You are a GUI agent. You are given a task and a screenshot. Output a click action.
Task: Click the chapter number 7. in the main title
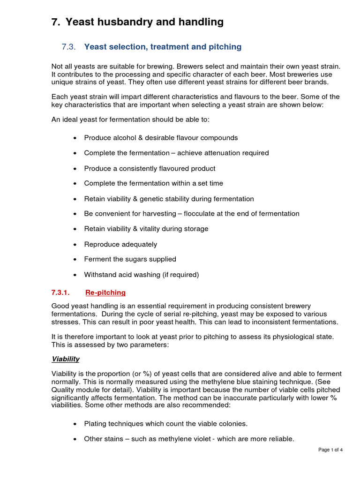(56, 22)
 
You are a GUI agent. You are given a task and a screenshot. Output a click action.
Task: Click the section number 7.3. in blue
(68, 47)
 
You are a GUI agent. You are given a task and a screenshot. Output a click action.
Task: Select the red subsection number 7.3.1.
(60, 292)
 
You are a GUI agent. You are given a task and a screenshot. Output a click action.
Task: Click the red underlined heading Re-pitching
(105, 292)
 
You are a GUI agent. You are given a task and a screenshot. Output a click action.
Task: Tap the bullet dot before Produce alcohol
(75, 138)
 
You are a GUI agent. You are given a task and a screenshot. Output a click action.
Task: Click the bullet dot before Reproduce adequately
(75, 245)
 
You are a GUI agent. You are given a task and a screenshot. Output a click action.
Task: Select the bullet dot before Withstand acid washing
(75, 275)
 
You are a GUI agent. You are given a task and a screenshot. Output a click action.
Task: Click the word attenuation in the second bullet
(215, 153)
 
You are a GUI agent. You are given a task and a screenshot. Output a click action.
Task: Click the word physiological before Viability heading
(291, 337)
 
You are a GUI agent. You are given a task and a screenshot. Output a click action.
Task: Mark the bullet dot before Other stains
(75, 440)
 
